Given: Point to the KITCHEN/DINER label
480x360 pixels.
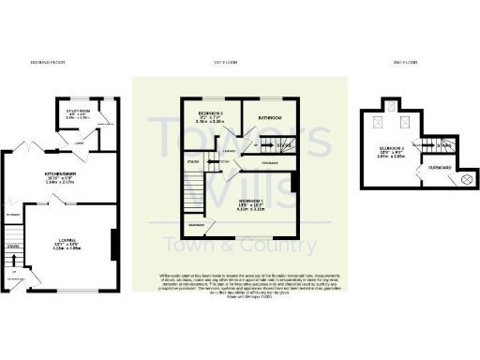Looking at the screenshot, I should coord(58,175).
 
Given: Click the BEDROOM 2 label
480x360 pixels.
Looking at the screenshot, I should coord(395,148).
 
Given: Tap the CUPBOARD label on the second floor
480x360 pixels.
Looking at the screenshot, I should coord(438,168).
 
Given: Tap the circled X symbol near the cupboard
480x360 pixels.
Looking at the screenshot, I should coord(463,180).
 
